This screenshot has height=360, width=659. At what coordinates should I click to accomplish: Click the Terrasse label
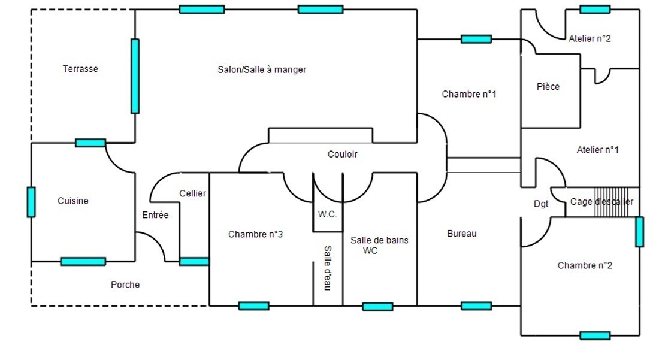click(80, 69)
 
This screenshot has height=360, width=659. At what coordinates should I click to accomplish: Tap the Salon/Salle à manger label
click(262, 70)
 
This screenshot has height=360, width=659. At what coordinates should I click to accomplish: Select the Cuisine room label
click(73, 201)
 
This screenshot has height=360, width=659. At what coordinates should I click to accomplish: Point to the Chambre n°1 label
click(469, 94)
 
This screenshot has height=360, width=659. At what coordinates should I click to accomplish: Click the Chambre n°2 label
click(585, 265)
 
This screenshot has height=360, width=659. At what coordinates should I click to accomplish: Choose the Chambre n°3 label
click(255, 235)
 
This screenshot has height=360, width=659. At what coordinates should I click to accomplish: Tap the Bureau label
click(462, 234)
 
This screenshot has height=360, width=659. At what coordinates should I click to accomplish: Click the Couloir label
click(343, 155)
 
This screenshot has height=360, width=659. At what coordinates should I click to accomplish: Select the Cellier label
click(192, 193)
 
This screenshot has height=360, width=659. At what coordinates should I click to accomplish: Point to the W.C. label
click(327, 214)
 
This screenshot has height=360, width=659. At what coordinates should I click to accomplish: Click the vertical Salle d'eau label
click(328, 268)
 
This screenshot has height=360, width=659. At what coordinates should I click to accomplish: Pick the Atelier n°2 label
click(590, 38)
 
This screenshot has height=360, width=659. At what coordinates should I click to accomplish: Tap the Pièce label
click(548, 87)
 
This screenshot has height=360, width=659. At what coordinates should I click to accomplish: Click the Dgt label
click(541, 204)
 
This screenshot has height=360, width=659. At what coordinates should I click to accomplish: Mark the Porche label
click(125, 285)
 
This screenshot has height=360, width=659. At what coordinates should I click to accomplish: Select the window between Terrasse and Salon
click(135, 76)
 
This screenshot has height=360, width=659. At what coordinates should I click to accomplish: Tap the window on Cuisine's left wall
click(31, 202)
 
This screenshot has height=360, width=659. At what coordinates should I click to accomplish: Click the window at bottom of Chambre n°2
click(595, 335)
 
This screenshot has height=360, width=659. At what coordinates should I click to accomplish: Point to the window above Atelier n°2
click(595, 10)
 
